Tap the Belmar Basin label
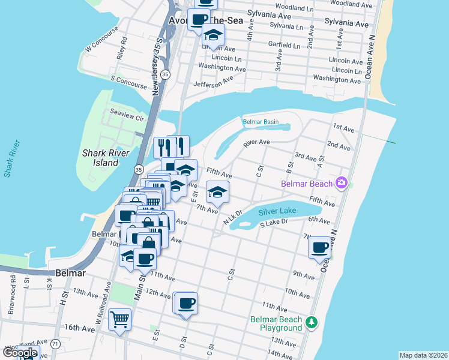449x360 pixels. [x=261, y=122]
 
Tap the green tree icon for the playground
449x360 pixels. [x=311, y=323]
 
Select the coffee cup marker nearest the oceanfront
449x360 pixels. [x=320, y=247]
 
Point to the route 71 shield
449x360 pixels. [x=55, y=344]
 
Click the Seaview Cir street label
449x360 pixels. [x=127, y=115]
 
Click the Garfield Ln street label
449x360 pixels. [x=285, y=46]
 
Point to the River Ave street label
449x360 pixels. [x=256, y=143]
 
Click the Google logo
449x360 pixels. [x=20, y=353]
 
